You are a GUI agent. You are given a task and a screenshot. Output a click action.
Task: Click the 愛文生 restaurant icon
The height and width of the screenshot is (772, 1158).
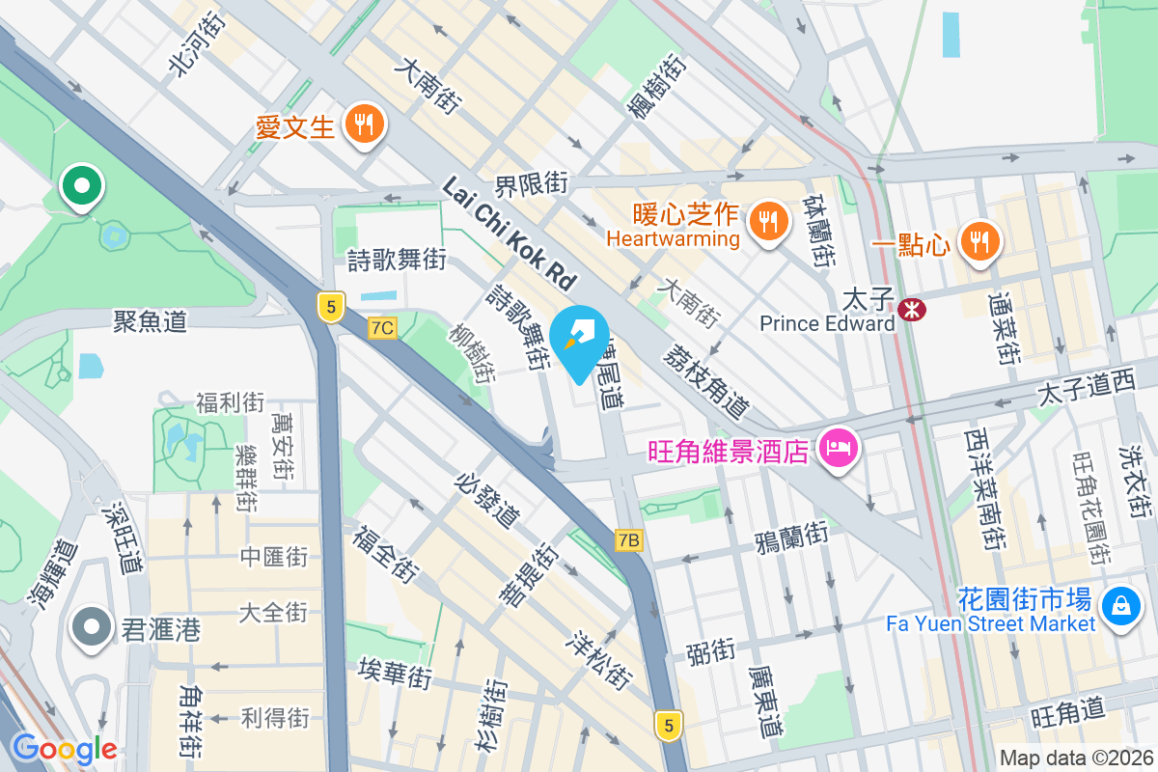pos(363,124)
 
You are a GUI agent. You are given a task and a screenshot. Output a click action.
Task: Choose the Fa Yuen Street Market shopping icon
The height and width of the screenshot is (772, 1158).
pos(1120,604)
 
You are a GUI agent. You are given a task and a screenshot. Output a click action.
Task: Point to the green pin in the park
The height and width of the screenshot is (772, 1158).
pos(82,185)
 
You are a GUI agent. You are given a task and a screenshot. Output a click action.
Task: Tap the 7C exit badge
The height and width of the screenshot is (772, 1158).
pos(382,328)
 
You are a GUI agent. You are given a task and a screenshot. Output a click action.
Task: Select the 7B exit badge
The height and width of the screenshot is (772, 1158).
pos(628,540)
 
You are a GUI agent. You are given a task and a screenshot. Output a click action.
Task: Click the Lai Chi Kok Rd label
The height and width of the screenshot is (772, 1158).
pos(509,232)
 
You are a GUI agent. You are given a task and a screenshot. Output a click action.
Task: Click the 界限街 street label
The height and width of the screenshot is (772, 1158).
pos(532,181)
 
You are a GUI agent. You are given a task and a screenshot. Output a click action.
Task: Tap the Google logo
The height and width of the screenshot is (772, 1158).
pos(64,748)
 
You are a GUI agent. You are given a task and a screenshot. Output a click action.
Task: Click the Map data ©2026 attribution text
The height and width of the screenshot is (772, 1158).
pos(1075,758)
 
